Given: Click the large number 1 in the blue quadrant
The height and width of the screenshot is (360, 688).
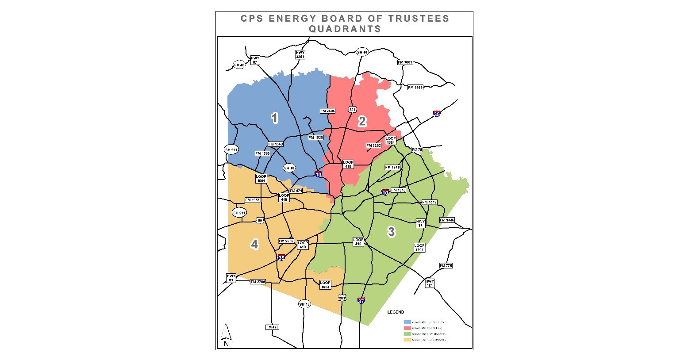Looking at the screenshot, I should [275, 118].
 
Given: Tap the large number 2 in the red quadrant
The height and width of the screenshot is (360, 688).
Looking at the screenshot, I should [362, 122].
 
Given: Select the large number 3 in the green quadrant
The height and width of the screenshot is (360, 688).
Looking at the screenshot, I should [391, 231].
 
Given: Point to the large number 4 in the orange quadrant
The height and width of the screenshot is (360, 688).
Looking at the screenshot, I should [254, 244].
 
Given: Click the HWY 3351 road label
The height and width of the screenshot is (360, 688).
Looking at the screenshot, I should [300, 54].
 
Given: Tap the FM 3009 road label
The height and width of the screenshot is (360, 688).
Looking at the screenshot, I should [405, 62].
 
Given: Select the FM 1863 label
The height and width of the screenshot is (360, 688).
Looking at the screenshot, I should [415, 88].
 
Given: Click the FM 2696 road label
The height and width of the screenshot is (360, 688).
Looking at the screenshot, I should [328, 111].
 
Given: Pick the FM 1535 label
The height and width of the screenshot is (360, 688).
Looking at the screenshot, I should [315, 138].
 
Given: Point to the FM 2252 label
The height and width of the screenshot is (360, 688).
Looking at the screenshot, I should [373, 146].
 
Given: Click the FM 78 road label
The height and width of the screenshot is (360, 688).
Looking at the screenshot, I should [417, 149].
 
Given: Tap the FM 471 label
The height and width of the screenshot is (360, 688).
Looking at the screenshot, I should [296, 191].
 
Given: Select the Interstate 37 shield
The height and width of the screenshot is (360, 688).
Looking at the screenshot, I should [361, 301].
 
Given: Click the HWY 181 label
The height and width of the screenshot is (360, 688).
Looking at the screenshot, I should [430, 283].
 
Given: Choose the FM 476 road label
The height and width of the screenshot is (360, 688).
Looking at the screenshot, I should [273, 327].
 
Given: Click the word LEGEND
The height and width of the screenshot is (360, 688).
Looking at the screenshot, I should [396, 312].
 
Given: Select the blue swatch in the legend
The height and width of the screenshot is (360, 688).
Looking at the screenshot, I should [407, 322].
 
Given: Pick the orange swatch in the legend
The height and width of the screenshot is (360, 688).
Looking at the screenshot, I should [407, 340].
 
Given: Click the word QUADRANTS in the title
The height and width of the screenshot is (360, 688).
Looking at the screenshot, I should [345, 29].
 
